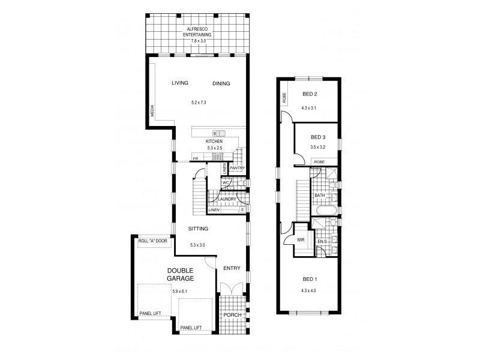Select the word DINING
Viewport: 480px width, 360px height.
coord(221,83)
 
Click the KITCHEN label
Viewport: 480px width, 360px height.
coord(197,141)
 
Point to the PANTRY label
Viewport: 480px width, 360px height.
coord(238,168)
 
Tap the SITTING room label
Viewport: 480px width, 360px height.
coord(197,229)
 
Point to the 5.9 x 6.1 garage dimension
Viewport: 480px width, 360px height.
coord(180,292)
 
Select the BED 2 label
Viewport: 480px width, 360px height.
coord(309,94)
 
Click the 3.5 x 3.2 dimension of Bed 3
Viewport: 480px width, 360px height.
coord(317,146)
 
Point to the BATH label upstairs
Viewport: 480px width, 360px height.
coord(320,195)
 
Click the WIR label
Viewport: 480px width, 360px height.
coord(301,240)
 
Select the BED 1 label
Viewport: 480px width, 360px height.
coord(309,279)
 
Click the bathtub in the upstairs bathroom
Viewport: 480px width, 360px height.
coord(326,211)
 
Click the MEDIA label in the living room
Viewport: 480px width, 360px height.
coord(152,110)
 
